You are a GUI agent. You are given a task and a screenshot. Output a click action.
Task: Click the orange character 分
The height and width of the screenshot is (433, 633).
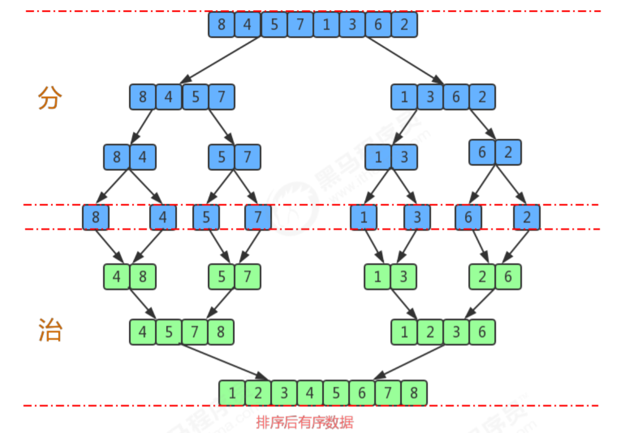(50, 98)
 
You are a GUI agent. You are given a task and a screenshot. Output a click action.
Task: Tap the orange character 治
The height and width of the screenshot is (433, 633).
(50, 331)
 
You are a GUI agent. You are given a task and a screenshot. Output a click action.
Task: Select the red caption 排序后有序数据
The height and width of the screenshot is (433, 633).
(304, 423)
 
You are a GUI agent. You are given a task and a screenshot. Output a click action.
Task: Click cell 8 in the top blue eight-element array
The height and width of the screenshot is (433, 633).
(221, 25)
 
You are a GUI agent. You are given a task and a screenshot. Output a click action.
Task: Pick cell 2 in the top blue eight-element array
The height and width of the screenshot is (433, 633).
(404, 25)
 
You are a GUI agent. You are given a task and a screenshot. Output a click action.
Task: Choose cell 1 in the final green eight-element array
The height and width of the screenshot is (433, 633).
(232, 394)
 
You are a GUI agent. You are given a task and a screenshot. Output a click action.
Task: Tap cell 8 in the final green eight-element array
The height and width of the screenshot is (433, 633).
(414, 394)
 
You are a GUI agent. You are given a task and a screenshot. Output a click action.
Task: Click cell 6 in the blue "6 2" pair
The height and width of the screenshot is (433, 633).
(482, 153)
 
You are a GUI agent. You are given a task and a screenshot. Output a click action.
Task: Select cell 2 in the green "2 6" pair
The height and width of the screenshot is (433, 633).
(482, 277)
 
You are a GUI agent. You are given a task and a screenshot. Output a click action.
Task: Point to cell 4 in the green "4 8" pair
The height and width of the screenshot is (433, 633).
(116, 277)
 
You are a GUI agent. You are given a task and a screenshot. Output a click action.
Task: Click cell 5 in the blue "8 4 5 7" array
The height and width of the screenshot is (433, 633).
(195, 98)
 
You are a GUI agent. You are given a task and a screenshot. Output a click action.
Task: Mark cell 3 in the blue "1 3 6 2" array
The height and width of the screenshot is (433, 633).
(430, 98)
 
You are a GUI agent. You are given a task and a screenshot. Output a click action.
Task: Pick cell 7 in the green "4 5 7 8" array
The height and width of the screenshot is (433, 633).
(195, 332)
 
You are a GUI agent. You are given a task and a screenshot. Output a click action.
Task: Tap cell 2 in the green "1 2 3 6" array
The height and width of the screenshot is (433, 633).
(430, 332)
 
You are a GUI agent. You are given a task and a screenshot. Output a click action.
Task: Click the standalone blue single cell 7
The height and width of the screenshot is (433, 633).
(258, 218)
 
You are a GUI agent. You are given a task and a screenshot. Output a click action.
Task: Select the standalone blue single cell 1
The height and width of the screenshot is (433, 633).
(364, 218)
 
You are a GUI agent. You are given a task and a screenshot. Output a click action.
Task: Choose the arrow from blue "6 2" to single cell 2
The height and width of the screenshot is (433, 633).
(511, 185)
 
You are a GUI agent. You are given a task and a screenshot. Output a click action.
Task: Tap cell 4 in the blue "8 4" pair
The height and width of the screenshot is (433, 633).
(143, 157)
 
